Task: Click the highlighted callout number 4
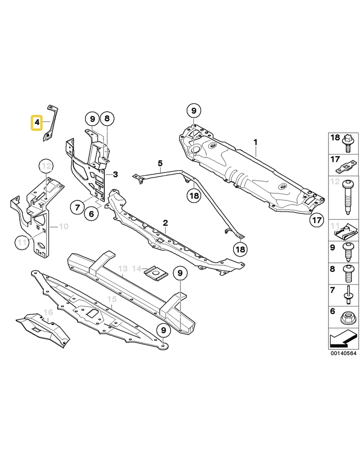pos(37,122)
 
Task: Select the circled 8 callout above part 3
pos(107,118)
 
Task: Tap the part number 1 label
pos(256,142)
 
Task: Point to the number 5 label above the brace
pos(160,163)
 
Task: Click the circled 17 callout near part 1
pos(317,220)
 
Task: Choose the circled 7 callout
pos(77,208)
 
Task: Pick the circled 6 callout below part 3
pos(91,213)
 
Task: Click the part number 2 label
pos(166,223)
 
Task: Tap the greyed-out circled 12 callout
pos(46,166)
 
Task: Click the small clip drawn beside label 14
pos(156,272)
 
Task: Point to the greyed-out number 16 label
pos(48,312)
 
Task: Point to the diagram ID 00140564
pos(343,353)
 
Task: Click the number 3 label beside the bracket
pos(116,174)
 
